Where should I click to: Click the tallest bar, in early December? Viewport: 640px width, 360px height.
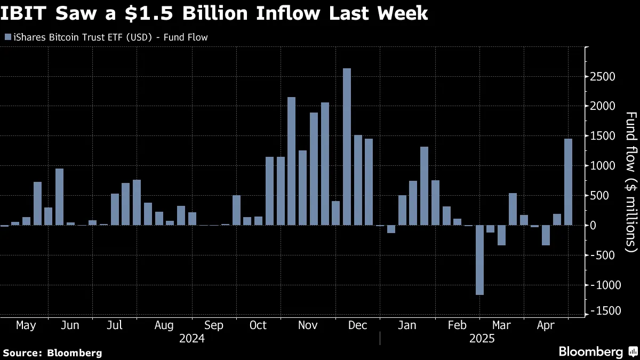347,147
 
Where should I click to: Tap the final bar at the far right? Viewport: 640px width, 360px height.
568,182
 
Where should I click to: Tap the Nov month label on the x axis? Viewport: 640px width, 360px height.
307,325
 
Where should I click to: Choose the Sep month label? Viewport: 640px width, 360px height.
213,325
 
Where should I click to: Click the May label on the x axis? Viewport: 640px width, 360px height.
26,325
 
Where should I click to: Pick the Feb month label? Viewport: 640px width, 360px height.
457,325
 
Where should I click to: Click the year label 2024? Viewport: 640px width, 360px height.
192,339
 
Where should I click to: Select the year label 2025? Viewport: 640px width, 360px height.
482,339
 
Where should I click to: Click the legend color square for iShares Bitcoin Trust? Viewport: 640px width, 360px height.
7,37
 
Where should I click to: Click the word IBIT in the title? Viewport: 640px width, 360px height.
26,13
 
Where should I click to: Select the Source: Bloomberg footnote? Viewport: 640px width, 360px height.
52,353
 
